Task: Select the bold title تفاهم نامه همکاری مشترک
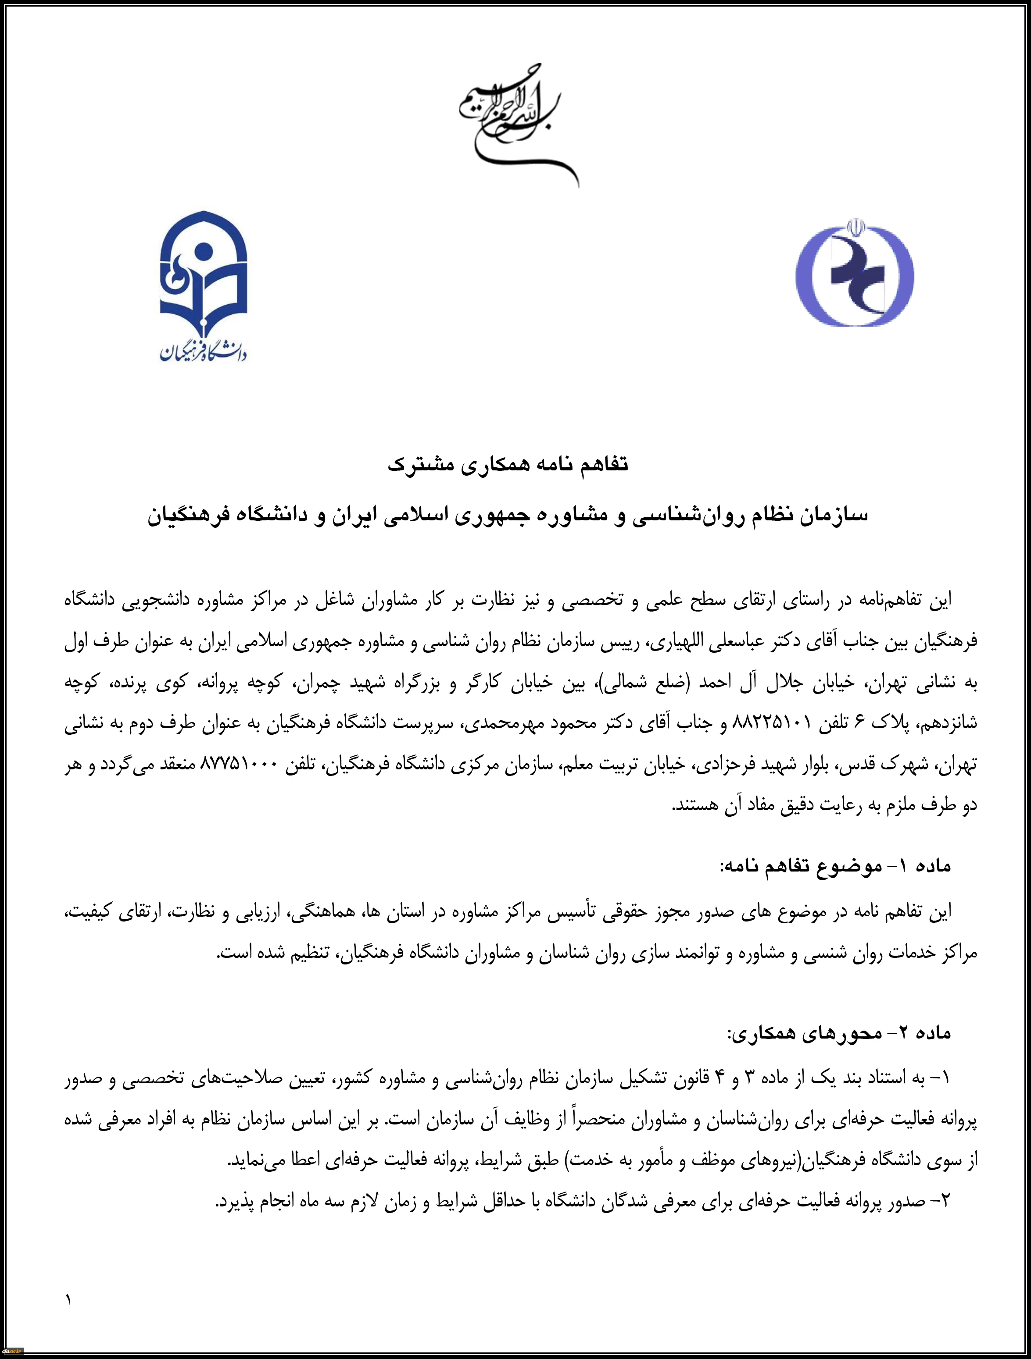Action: coord(508,464)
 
